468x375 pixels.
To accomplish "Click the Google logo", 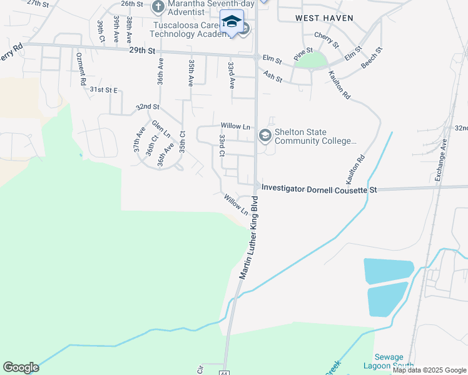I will pos(21,367).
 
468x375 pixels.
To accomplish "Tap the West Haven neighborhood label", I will pos(324,18).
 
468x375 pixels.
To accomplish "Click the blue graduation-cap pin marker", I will pos(231,22).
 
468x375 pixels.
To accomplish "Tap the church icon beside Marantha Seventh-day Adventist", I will pos(158,8).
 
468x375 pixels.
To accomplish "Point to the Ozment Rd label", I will pos(81,69).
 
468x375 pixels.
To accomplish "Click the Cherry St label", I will pos(326,41).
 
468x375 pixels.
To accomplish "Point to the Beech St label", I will pos(371,57).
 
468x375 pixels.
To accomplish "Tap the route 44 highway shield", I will pos(224,372).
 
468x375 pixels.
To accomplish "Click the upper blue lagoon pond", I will pos(389,269).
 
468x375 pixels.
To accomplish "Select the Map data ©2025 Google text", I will pos(429,370).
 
